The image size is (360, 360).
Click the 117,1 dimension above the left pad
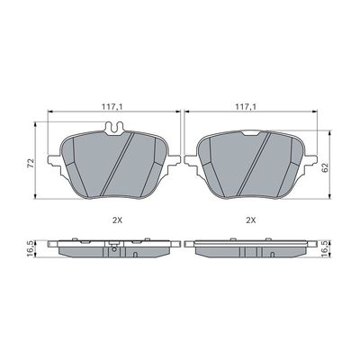[112, 106]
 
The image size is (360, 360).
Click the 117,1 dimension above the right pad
[246, 106]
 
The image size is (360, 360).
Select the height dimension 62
[325, 167]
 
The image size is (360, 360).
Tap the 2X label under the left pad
[117, 220]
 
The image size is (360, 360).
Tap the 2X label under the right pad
[251, 220]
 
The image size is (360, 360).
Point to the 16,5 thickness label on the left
[31, 248]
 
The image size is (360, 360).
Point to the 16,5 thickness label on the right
[325, 248]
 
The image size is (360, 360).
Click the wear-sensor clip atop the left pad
[114, 129]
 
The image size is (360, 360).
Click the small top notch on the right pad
[251, 133]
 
